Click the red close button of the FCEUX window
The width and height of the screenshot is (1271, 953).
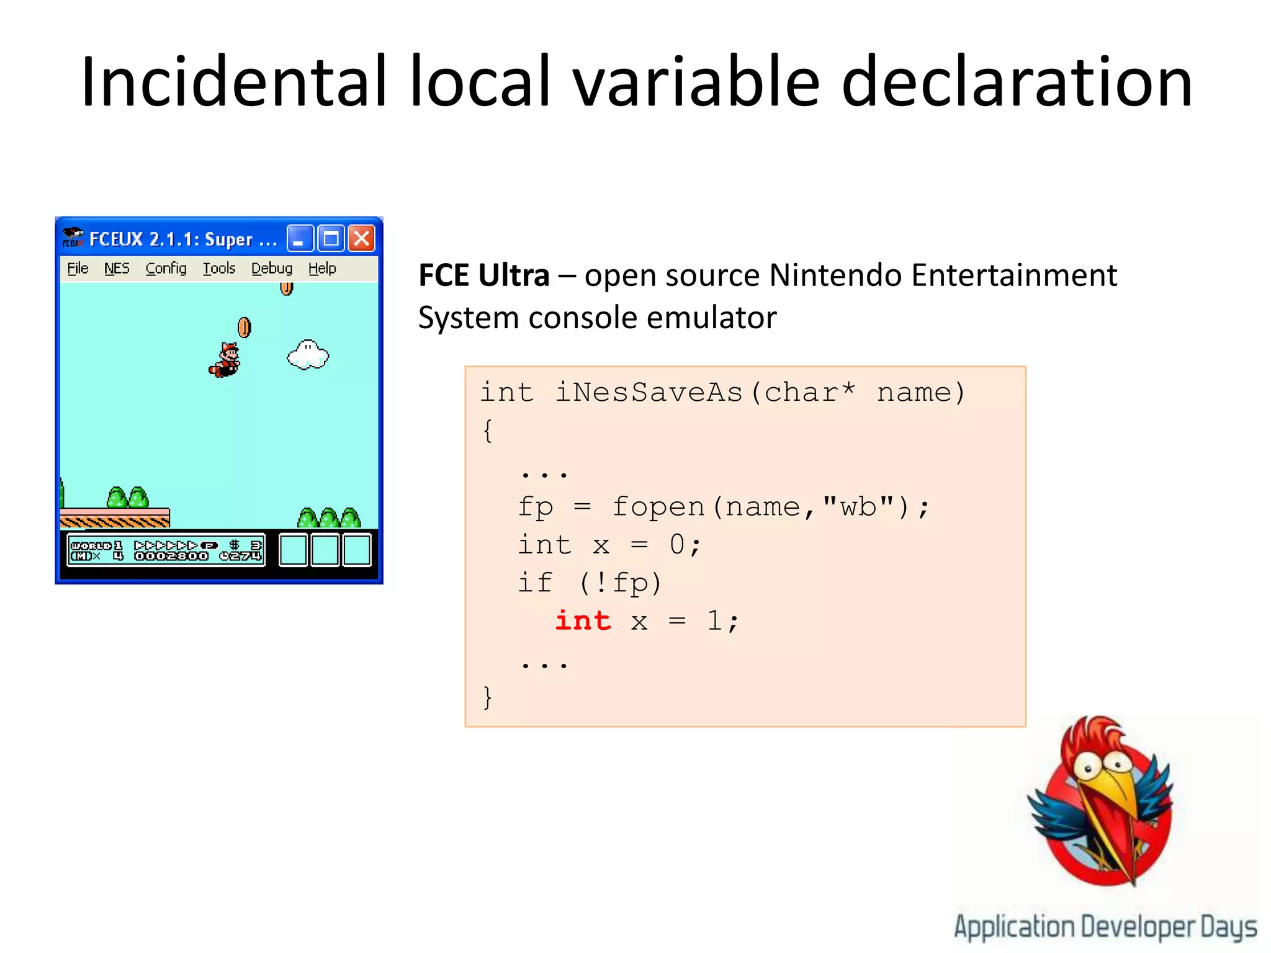pos(361,238)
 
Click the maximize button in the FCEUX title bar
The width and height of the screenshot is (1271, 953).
pos(331,238)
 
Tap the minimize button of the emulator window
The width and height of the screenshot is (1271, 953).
pos(299,238)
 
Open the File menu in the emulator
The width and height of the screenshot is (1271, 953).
pos(78,268)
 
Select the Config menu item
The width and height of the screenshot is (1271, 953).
pos(166,268)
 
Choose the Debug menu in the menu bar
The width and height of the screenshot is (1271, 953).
pos(272,268)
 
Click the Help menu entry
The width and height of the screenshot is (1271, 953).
pos(322,268)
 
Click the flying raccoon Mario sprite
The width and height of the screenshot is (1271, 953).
pos(225,360)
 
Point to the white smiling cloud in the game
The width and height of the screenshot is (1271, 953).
pos(308,355)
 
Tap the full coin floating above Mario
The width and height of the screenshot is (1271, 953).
pos(245,327)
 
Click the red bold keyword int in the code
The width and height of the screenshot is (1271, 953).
pos(583,620)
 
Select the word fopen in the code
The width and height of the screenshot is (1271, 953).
pos(658,507)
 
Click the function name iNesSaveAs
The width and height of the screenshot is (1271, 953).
pos(649,392)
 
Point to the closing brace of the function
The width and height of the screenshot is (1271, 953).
pos(488,697)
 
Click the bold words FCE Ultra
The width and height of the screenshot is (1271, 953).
pos(484,275)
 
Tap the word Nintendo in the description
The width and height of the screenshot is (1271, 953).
pos(835,275)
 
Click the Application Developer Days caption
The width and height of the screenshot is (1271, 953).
pos(1105,927)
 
